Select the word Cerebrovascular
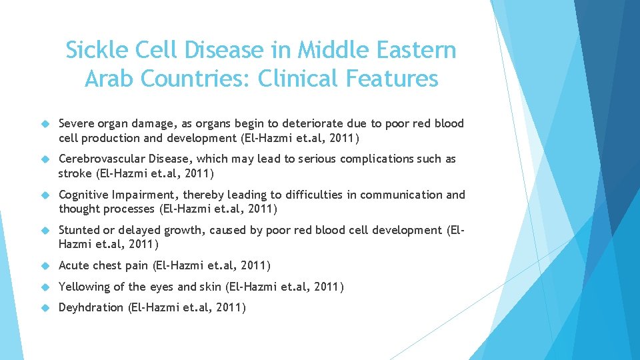pos(102,159)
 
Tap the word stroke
pos(76,173)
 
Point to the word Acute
pos(74,265)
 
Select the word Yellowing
pos(84,287)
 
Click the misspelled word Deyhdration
pos(91,307)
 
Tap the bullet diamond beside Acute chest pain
pos(45,265)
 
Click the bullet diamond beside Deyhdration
pos(45,307)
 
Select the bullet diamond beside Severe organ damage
pos(45,123)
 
